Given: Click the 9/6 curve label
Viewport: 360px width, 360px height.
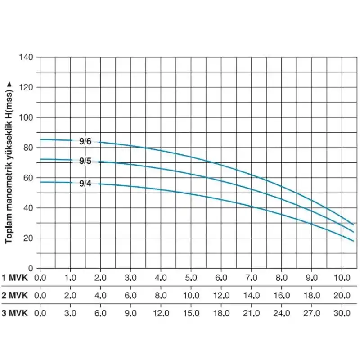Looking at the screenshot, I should tap(85, 141).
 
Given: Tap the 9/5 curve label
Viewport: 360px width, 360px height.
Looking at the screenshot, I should tap(85, 161).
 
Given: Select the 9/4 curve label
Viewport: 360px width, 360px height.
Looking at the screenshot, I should tap(85, 183).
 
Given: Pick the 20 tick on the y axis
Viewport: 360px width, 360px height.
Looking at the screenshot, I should tap(30, 238).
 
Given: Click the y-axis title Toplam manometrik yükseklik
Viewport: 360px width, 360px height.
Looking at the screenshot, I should tap(9, 162).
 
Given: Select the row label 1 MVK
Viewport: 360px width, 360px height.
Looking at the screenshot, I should tap(15, 277).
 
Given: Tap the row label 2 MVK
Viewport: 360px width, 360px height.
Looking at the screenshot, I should tap(15, 295).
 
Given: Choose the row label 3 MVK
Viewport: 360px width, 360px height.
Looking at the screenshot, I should tap(15, 313).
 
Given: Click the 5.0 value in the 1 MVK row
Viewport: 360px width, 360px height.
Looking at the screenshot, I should tap(191, 277).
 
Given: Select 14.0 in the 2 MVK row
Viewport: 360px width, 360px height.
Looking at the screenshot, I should tap(251, 295).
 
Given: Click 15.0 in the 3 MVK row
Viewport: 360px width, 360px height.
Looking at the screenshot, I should tap(191, 313).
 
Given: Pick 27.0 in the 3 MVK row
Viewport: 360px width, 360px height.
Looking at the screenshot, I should tap(311, 313).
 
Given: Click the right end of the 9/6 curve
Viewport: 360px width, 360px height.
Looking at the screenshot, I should tap(354, 225).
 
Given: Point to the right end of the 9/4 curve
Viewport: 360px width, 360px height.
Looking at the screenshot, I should tap(354, 241).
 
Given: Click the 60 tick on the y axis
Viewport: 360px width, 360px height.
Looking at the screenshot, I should tap(30, 178).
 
